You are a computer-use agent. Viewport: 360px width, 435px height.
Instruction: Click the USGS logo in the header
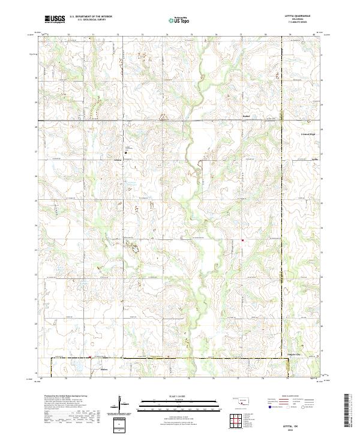[55, 19]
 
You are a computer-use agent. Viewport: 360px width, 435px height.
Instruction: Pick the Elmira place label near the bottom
[104, 361]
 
